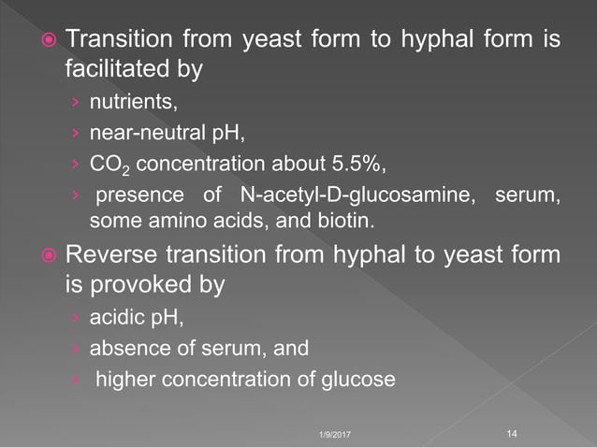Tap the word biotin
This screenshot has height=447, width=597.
point(328,221)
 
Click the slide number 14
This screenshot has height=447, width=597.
point(511,433)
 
